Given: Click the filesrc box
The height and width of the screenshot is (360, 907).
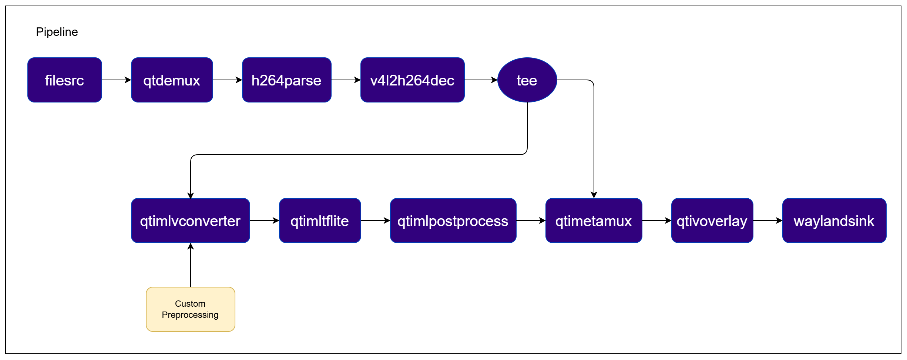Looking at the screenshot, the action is (x=65, y=80).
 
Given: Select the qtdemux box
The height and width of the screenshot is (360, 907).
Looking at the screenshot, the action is (x=172, y=80).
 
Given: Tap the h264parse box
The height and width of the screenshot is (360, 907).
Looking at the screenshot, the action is (x=287, y=80).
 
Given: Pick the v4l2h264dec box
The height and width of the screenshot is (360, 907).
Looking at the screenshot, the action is (x=413, y=80).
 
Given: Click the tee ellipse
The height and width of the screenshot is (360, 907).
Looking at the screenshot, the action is (x=527, y=80).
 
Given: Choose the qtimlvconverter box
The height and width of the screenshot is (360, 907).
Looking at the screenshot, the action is (x=191, y=221).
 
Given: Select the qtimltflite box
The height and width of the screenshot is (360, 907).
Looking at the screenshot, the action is (x=320, y=221).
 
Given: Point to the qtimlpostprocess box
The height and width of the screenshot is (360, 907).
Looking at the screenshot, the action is (x=453, y=221).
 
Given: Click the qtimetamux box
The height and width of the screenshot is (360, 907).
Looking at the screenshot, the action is (x=594, y=221).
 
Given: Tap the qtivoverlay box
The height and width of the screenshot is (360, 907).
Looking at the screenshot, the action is (x=712, y=221).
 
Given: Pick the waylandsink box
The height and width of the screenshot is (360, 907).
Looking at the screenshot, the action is (x=834, y=221).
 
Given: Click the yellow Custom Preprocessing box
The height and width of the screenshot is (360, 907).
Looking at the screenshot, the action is (x=191, y=309).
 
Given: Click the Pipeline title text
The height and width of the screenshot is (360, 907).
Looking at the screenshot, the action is (x=57, y=32).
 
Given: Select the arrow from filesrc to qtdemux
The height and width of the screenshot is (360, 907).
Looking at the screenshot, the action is (x=117, y=80).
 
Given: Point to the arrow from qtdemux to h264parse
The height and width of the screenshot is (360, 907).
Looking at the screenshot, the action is (x=228, y=80).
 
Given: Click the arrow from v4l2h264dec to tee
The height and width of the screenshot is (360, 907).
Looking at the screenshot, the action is (x=481, y=80).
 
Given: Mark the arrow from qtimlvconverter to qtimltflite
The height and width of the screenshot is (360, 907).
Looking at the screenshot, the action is (x=265, y=221).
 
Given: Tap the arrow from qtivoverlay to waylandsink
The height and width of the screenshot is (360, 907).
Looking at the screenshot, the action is (x=768, y=221).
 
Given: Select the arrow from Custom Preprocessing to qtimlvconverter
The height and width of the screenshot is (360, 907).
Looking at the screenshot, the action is (x=191, y=265).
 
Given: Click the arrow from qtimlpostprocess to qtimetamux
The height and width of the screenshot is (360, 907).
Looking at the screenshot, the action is (x=531, y=221).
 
